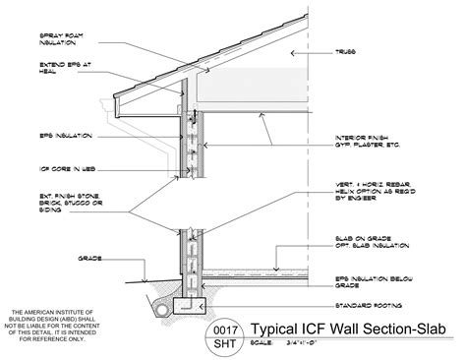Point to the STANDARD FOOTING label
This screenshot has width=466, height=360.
click(366, 306)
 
